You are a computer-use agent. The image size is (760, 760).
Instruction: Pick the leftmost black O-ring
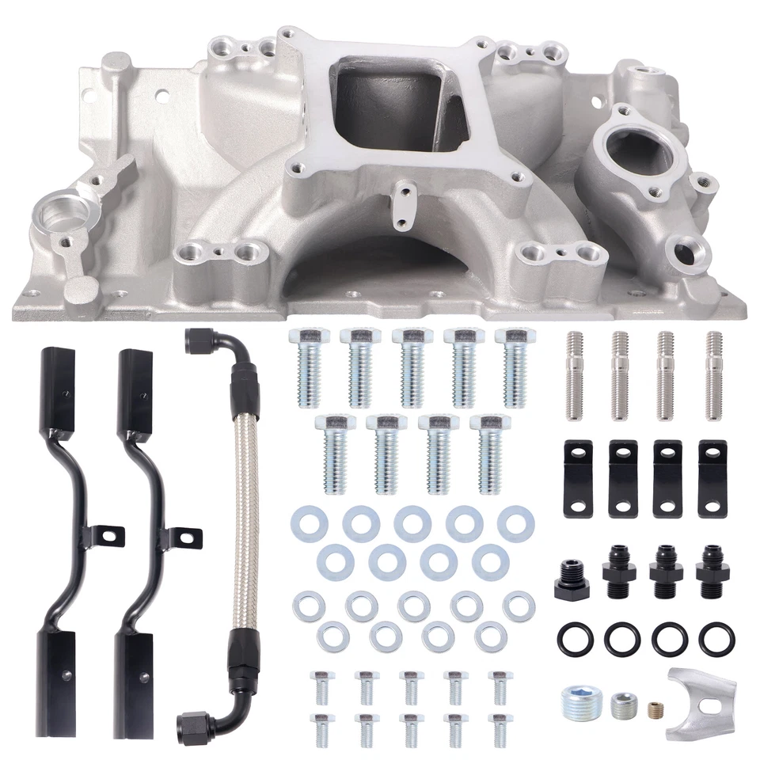pos(576,638)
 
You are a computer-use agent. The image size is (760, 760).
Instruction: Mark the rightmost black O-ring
pos(716,638)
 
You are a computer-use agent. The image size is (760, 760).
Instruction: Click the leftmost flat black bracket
pos(578,480)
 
